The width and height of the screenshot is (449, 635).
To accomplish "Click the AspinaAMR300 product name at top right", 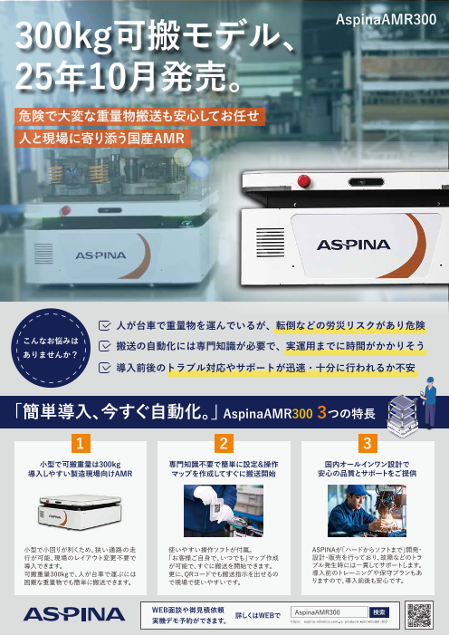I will pyautogui.click(x=386, y=18).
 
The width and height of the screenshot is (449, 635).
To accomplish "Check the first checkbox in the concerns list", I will pyautogui.click(x=105, y=323).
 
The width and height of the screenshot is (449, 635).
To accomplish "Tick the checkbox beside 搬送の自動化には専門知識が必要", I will pyautogui.click(x=105, y=346).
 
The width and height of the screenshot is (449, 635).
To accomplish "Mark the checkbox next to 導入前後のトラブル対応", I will pyautogui.click(x=105, y=369).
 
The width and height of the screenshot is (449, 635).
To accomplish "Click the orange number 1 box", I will pyautogui.click(x=81, y=444).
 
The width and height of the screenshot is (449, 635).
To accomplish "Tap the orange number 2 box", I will pyautogui.click(x=223, y=444).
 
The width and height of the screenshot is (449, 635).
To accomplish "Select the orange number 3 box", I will pyautogui.click(x=367, y=444).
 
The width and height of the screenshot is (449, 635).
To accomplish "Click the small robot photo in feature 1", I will pyautogui.click(x=81, y=511).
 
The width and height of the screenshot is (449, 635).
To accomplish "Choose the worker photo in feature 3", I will pyautogui.click(x=365, y=511).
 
